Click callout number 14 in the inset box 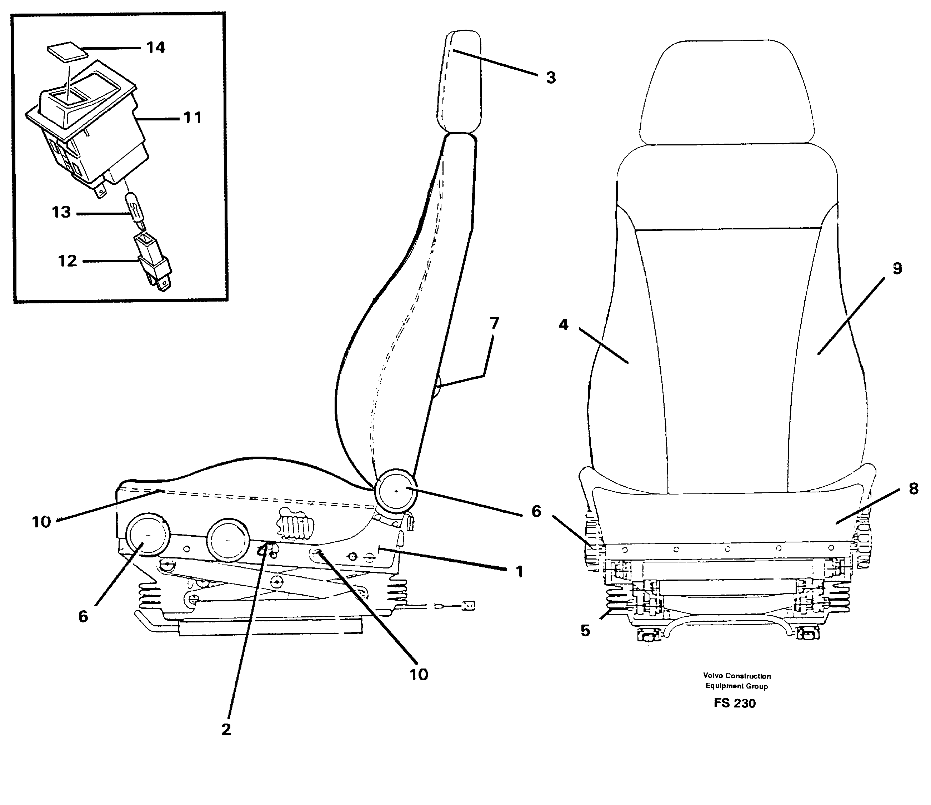pyautogui.click(x=155, y=48)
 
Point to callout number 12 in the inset pyautogui.click(x=67, y=261)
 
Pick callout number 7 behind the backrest pyautogui.click(x=494, y=323)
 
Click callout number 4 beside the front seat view pyautogui.click(x=564, y=324)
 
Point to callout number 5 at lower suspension pyautogui.click(x=585, y=631)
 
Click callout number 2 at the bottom pyautogui.click(x=226, y=729)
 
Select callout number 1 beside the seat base pyautogui.click(x=519, y=572)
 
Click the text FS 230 pyautogui.click(x=734, y=703)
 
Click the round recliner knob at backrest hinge pyautogui.click(x=395, y=491)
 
